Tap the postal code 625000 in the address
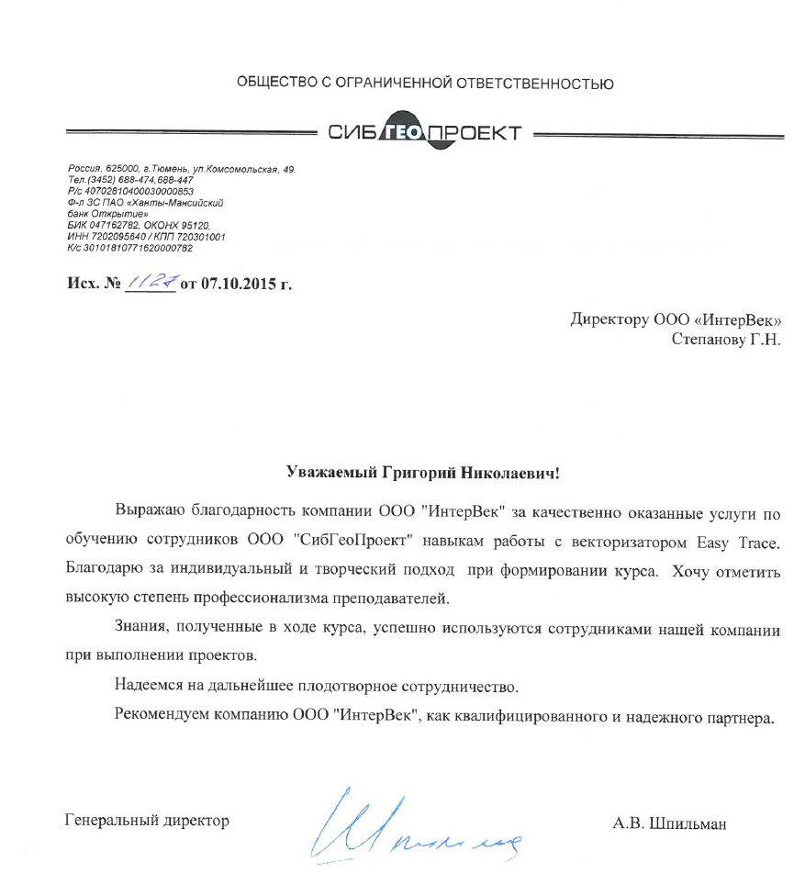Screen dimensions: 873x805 [x=122, y=171]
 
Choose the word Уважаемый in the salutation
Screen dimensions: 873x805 [x=327, y=475]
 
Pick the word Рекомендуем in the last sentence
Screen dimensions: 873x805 [x=162, y=715]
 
